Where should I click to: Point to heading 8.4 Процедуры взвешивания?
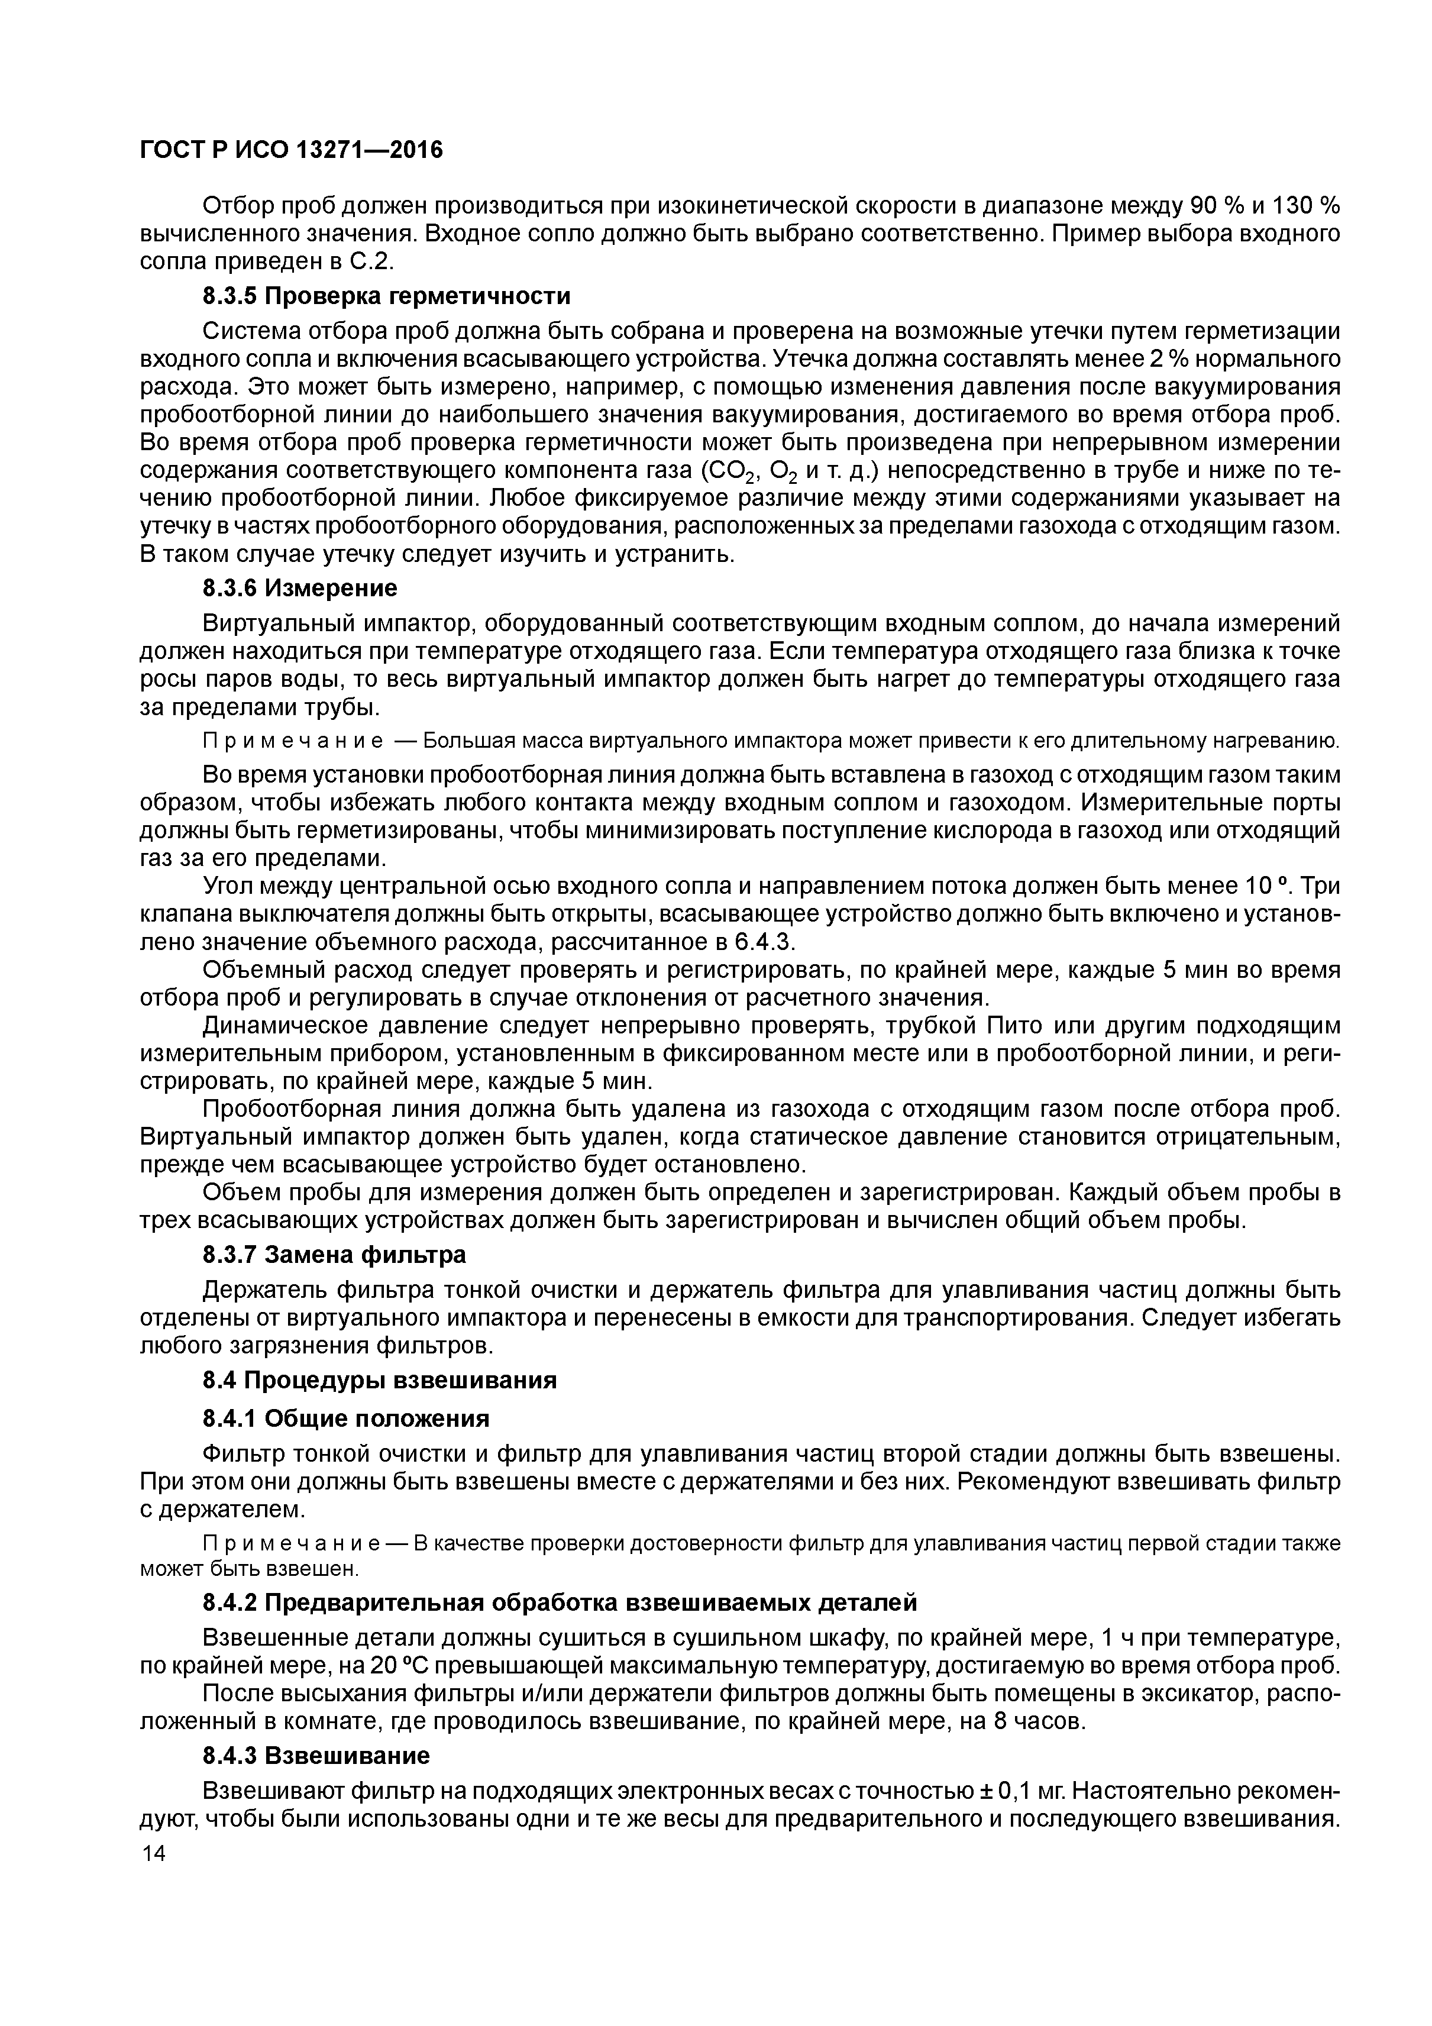click(x=379, y=1380)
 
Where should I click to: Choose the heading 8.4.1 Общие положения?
click(x=347, y=1418)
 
